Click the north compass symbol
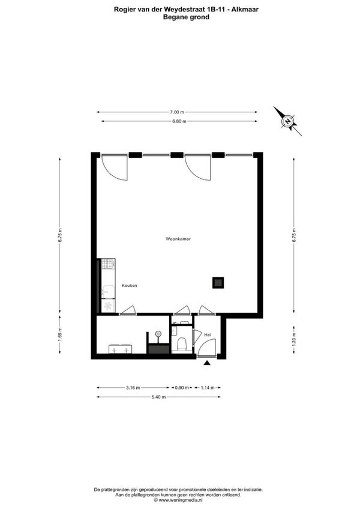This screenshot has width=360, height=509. pyautogui.click(x=288, y=121)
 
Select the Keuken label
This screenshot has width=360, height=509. pyautogui.click(x=130, y=286)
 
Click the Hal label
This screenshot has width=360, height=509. pyautogui.click(x=208, y=334)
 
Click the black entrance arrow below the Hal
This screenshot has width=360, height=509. pyautogui.click(x=208, y=363)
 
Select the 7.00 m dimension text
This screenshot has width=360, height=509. pyautogui.click(x=176, y=112)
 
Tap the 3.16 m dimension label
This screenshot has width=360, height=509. pyautogui.click(x=133, y=388)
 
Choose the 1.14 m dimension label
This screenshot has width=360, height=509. pyautogui.click(x=207, y=388)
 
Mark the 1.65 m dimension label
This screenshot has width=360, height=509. pyautogui.click(x=60, y=337)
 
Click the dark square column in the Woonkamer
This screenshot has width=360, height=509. pyautogui.click(x=217, y=282)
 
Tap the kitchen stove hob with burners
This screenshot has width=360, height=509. pyautogui.click(x=108, y=264)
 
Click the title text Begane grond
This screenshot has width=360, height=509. pyautogui.click(x=186, y=17)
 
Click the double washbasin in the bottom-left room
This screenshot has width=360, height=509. pyautogui.click(x=120, y=349)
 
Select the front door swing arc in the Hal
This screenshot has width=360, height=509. pyautogui.click(x=206, y=347)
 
